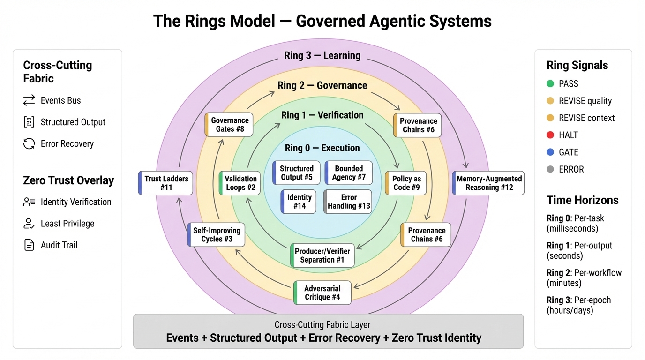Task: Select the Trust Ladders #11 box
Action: [165, 183]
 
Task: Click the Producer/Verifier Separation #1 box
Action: [322, 255]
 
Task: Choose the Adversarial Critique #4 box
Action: [322, 292]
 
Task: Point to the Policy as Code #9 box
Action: [406, 183]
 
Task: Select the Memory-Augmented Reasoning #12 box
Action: [488, 183]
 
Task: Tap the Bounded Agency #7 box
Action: [348, 172]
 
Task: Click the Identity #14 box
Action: [299, 202]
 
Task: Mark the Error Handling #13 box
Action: [348, 202]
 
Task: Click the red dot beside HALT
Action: [550, 135]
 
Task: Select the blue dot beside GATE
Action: [550, 152]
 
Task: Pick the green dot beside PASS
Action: [550, 84]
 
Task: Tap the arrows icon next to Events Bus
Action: [29, 100]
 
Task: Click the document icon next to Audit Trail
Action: [29, 245]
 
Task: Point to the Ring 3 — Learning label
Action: [322, 55]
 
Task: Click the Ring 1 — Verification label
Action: [322, 115]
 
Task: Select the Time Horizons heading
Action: [582, 200]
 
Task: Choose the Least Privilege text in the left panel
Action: [67, 224]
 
